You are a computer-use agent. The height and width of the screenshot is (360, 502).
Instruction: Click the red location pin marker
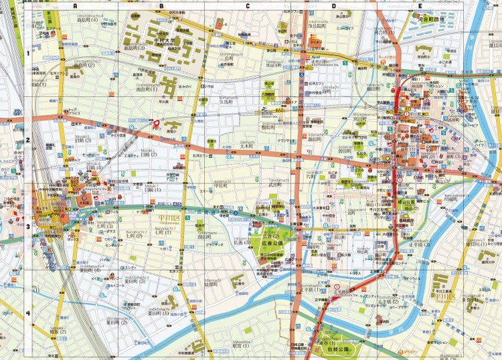click(x=157, y=123)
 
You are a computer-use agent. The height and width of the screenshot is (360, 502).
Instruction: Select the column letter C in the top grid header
click(x=248, y=6)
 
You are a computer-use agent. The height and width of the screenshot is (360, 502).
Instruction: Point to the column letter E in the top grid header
click(x=420, y=6)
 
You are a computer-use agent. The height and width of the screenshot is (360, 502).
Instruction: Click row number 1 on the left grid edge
click(x=28, y=54)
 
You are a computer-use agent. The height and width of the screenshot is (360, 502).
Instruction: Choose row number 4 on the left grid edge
click(x=28, y=313)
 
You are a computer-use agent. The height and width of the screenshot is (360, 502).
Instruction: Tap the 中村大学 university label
click(x=163, y=39)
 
